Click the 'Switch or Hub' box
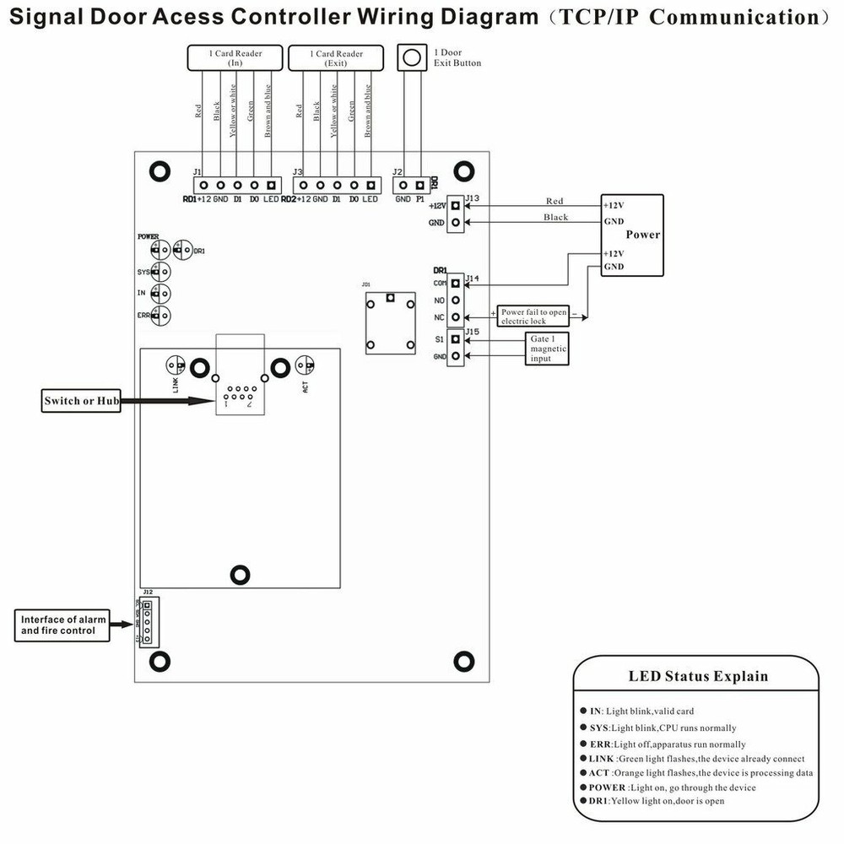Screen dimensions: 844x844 click(82, 401)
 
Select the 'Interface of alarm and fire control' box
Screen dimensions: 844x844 click(63, 625)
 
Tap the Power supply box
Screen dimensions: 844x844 click(632, 235)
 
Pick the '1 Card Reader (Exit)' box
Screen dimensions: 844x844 click(336, 58)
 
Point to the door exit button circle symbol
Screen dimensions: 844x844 click(411, 58)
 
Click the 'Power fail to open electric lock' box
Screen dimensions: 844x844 click(533, 316)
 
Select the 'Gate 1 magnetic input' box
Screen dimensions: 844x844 click(547, 349)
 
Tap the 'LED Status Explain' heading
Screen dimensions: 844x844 click(698, 676)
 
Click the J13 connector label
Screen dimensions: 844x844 click(473, 199)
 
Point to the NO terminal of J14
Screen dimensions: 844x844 click(456, 300)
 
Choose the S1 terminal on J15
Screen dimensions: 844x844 click(456, 339)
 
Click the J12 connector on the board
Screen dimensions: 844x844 click(148, 622)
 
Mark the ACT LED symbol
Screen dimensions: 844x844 click(305, 365)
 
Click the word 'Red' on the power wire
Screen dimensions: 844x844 click(555, 201)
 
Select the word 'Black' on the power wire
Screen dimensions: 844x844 click(556, 218)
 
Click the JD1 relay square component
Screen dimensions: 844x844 click(390, 322)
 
